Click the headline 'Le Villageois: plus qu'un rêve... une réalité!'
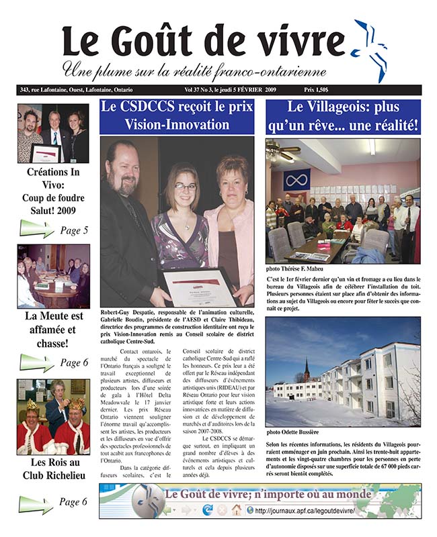pyautogui.click(x=343, y=115)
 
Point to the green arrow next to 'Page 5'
pyautogui.click(x=36, y=230)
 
